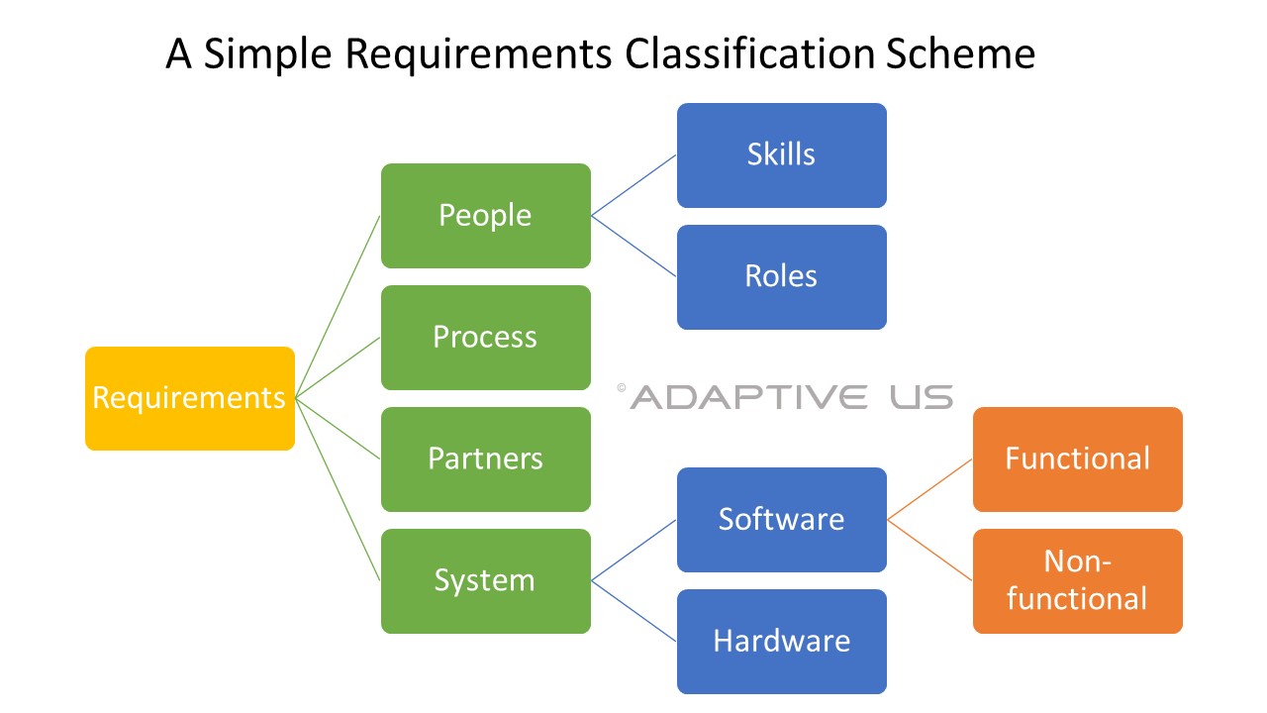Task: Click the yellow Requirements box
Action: coord(189,398)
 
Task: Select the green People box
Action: coord(485,216)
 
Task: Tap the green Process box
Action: coord(485,338)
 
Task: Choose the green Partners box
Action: coord(485,459)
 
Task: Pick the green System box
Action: coord(485,581)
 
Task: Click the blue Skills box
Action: coord(781,155)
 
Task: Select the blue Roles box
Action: coord(781,277)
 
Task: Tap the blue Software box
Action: coord(781,520)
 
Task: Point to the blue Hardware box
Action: coord(781,642)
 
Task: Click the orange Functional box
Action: coord(1077,459)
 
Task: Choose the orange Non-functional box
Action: coord(1077,581)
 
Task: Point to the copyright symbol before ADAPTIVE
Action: coord(622,389)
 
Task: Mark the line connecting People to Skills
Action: coord(633,185)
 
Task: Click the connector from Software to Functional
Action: coord(930,489)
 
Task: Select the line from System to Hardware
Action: coord(633,611)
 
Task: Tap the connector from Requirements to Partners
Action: coord(338,428)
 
